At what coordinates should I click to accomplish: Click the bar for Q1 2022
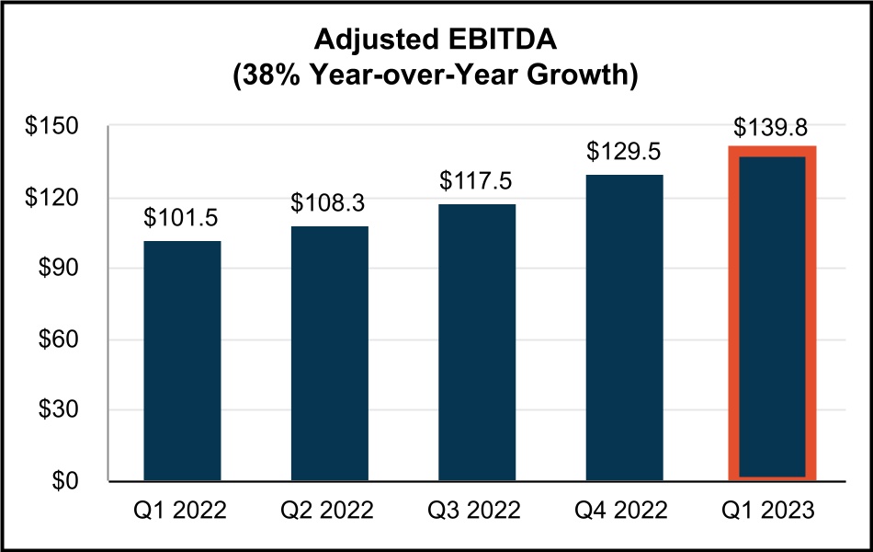[x=182, y=361]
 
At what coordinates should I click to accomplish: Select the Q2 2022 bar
[x=329, y=353]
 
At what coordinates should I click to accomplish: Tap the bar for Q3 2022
[x=476, y=342]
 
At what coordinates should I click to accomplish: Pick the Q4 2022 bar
[x=624, y=328]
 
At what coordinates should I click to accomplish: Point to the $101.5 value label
[x=182, y=218]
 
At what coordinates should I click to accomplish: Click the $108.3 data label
[x=329, y=202]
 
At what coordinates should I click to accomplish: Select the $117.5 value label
[x=476, y=180]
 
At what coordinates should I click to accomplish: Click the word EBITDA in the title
[x=507, y=39]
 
